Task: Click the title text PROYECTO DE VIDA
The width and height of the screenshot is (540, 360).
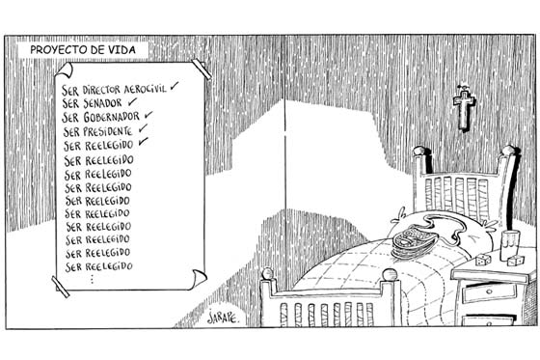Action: point(83,50)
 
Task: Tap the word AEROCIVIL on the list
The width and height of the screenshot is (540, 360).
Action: point(145,89)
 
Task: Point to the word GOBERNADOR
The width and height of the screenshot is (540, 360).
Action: point(111,117)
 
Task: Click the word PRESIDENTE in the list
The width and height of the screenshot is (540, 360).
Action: point(108,131)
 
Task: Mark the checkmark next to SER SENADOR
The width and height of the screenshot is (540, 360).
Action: point(132,101)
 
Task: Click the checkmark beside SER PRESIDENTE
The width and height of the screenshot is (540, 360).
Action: point(144,128)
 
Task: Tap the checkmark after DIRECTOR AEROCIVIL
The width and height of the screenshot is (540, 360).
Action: point(175,86)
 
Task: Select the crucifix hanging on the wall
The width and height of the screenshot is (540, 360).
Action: point(464,107)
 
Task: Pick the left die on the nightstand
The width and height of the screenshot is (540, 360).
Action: point(482,260)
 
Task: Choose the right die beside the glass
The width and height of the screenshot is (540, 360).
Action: point(516,261)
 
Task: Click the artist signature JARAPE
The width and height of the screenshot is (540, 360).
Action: point(223,318)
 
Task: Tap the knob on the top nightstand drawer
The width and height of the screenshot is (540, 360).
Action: point(490,292)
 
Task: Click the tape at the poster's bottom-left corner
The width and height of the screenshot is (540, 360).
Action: point(60,287)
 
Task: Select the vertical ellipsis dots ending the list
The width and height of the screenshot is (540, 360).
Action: point(92,279)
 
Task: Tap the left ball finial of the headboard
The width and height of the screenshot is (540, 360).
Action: point(419,151)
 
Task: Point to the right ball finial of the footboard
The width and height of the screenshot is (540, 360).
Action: point(390,275)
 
